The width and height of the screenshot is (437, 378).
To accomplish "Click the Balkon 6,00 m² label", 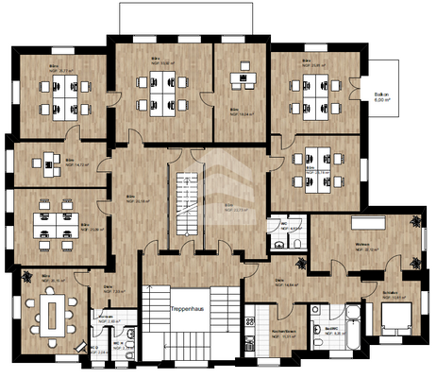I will point(382,97).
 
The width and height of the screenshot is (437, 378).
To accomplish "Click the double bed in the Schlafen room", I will point(395,319).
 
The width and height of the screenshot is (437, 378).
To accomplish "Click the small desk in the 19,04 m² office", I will point(247,78).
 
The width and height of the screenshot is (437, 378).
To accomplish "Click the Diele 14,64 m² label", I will point(286,282).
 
